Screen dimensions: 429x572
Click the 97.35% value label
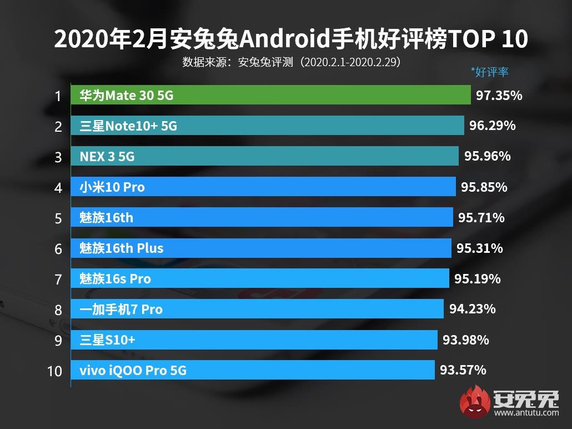[499, 96]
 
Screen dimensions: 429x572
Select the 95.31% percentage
[479, 248]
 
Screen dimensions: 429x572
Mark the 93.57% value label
[463, 370]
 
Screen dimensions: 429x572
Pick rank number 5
[58, 218]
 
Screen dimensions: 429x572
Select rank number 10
[54, 371]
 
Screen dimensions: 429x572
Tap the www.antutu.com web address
[525, 413]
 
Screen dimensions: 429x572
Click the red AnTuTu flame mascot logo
[473, 400]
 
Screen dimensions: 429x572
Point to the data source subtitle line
[291, 62]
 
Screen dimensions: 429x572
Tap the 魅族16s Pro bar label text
[115, 278]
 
